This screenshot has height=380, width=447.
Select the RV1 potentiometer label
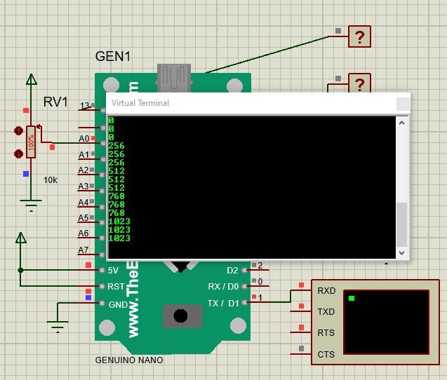[56, 102]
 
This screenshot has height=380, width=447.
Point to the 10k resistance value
[51, 180]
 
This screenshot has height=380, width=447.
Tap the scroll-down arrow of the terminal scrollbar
[402, 252]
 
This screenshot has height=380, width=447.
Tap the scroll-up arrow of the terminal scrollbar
[402, 123]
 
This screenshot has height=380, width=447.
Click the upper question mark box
[359, 37]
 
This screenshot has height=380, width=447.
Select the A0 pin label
[84, 139]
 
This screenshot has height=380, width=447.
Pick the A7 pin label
[84, 250]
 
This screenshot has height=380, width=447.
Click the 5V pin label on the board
[113, 270]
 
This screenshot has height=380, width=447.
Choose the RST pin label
[115, 287]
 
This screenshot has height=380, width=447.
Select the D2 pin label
[232, 270]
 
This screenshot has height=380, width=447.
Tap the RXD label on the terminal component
[326, 290]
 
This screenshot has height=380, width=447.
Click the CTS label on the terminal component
[326, 354]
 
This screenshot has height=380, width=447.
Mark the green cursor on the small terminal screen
[352, 299]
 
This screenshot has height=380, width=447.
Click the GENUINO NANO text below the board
[129, 360]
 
